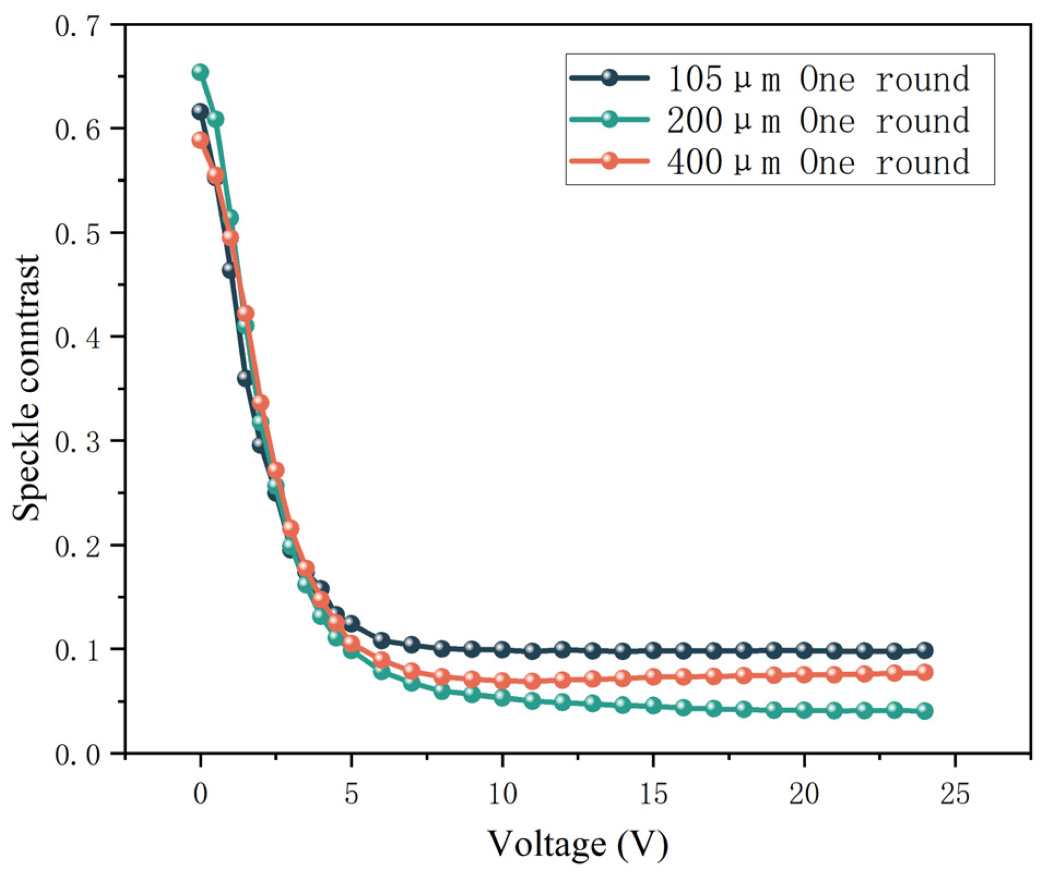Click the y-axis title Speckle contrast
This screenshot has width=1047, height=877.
27,388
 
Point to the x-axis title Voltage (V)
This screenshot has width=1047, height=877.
577,844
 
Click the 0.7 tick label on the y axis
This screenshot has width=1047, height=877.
78,26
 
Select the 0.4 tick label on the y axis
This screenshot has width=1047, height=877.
78,337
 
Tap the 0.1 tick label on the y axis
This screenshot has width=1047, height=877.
78,650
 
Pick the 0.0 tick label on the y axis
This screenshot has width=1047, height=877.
78,755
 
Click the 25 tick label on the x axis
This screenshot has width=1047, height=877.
954,794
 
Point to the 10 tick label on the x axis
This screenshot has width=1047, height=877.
502,794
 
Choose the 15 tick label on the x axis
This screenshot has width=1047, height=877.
653,794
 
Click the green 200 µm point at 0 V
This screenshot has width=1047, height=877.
200,72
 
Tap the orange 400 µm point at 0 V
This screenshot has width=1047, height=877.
200,140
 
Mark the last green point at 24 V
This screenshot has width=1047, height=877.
924,710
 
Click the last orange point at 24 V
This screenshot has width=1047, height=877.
924,672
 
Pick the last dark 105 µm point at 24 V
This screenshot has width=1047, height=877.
924,650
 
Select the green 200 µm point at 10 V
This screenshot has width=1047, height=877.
502,697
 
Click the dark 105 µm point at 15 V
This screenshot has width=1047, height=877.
653,650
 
